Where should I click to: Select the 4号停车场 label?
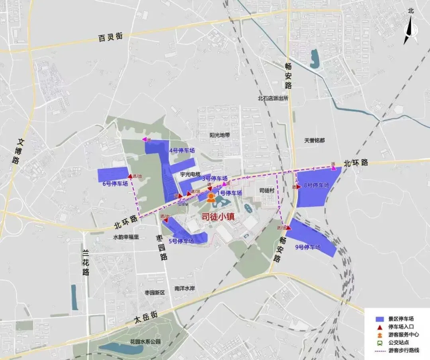tap(182, 151)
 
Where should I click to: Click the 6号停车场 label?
tap(115, 183)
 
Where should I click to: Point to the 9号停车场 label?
tap(307, 247)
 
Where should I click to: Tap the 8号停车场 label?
tap(317, 185)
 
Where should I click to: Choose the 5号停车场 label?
tap(181, 241)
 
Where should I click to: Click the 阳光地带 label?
tap(220, 135)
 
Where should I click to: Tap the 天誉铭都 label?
tap(315, 140)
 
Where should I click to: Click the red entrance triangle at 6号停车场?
tap(130, 176)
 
